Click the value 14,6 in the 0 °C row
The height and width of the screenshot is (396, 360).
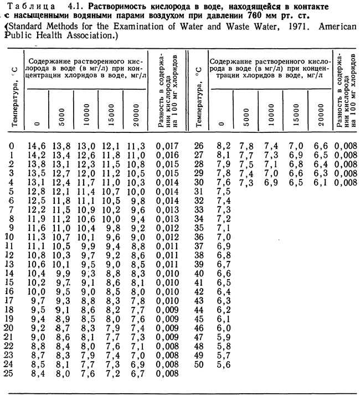tap(33, 147)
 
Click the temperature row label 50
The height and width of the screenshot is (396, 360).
tap(200, 364)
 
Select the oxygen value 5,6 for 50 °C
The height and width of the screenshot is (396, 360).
tap(224, 364)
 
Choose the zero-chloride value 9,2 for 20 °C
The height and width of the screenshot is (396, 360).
tap(33, 328)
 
